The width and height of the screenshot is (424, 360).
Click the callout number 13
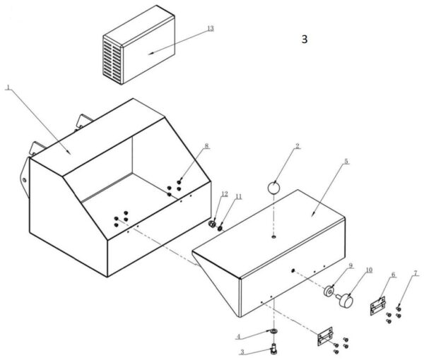point(209,28)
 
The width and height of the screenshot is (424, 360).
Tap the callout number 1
point(7,88)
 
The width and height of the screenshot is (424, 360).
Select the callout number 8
point(206,146)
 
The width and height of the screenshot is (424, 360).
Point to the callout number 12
point(224,193)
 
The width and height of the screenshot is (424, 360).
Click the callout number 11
point(238,196)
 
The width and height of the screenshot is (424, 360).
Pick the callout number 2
point(298,147)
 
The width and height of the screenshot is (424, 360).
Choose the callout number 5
point(346,161)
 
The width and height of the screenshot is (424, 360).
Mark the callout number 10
point(368,270)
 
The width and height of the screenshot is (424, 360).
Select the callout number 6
point(393,275)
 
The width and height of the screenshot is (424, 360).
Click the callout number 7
point(416,272)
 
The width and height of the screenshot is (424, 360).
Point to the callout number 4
point(239,335)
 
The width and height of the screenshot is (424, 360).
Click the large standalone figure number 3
point(305,40)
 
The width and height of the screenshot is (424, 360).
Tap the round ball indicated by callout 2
point(274,188)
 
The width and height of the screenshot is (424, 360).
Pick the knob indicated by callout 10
point(345,302)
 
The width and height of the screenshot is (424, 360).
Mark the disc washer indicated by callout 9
point(329,291)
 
